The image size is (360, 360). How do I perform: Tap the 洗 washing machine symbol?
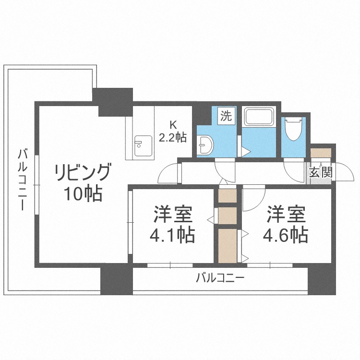[x=226, y=116]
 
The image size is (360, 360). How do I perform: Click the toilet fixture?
[x=293, y=128]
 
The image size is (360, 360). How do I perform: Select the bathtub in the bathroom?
[x=259, y=117]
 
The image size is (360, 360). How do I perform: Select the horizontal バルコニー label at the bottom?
[x=220, y=277]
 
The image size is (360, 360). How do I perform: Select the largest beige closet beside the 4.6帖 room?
[x=227, y=245]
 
